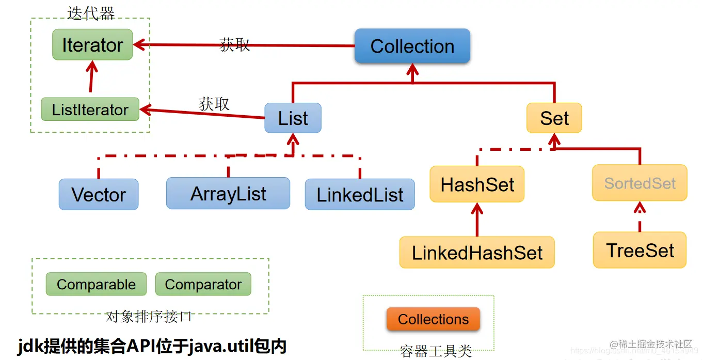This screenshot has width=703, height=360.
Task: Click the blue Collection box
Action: [x=412, y=46]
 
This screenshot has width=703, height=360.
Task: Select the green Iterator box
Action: [x=92, y=45]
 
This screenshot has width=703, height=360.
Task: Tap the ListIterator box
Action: [x=90, y=109]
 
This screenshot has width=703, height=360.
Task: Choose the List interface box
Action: [x=293, y=118]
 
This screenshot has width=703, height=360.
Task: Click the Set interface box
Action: [x=554, y=118]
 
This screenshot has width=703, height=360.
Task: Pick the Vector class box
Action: [x=99, y=195]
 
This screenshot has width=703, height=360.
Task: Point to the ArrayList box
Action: [x=228, y=194]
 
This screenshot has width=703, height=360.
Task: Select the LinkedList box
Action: [x=360, y=195]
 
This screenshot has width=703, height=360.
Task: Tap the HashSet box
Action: [x=477, y=184]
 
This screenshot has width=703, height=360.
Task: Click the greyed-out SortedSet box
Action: [x=640, y=183]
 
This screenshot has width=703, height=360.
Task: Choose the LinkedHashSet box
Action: [x=477, y=253]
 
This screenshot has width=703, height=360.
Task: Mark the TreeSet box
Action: [x=640, y=251]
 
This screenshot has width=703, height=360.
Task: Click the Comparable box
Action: [x=96, y=285]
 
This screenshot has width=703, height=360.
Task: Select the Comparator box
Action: [x=203, y=285]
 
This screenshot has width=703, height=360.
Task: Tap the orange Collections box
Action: [x=433, y=319]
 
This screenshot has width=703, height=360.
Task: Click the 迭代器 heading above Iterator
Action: [x=91, y=13]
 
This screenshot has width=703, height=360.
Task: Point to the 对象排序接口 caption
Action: [x=149, y=316]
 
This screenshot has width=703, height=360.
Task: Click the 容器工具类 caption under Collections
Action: [x=436, y=352]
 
